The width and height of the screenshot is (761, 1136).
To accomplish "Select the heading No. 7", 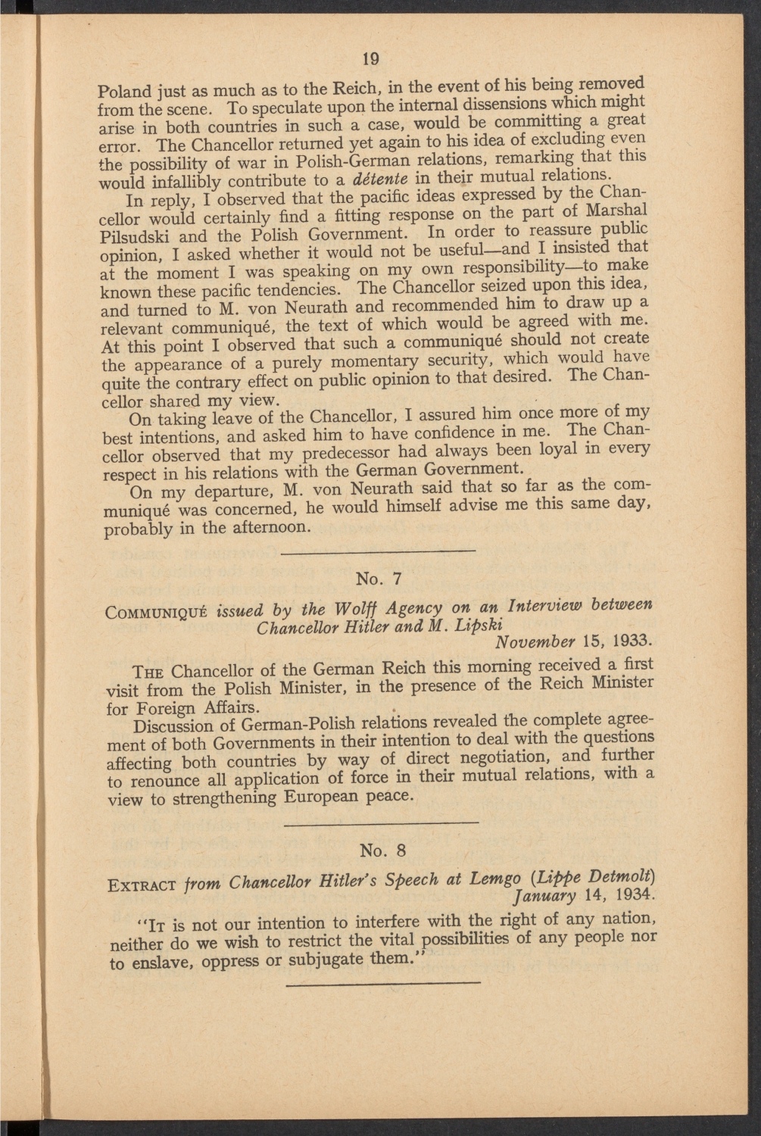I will pyautogui.click(x=378, y=579).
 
